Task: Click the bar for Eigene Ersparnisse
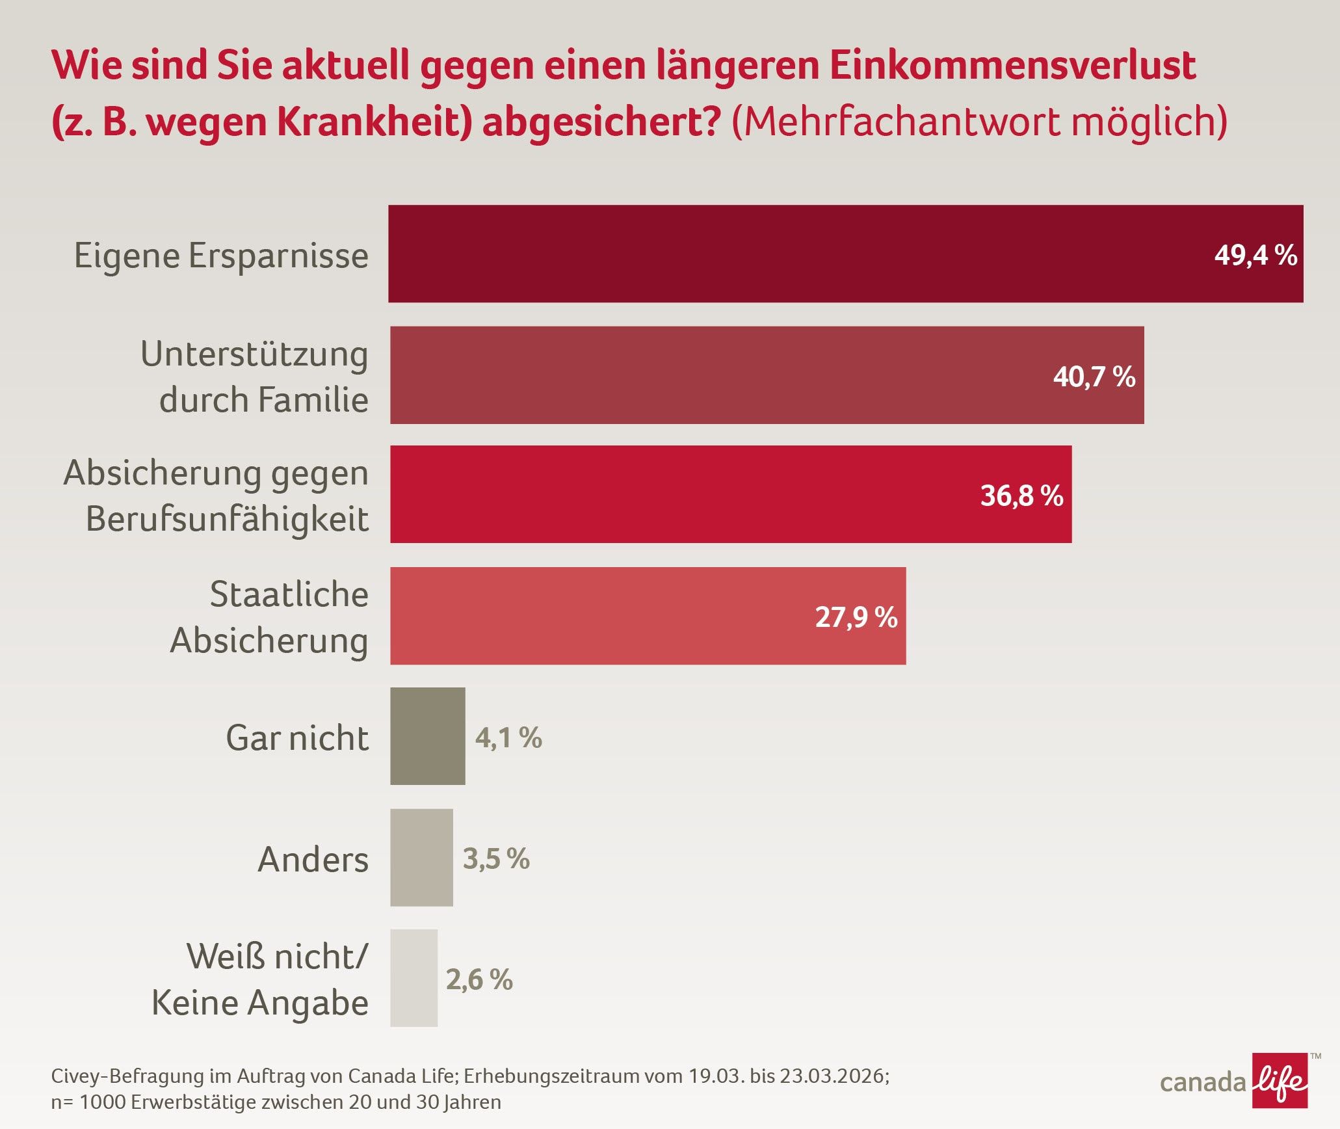click(845, 254)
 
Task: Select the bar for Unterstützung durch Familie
click(767, 375)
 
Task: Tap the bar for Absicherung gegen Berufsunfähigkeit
click(731, 494)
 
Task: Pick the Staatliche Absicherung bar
click(648, 616)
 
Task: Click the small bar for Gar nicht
click(428, 736)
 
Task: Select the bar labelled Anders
click(421, 857)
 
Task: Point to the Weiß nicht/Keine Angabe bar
click(414, 978)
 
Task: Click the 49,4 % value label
click(1255, 255)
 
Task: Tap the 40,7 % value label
click(1094, 377)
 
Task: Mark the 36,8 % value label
click(1021, 496)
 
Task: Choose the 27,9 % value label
click(856, 617)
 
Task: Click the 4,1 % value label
click(508, 737)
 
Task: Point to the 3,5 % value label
click(496, 858)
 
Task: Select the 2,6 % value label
click(479, 979)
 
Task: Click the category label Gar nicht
click(297, 737)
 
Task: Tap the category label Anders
click(313, 859)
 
